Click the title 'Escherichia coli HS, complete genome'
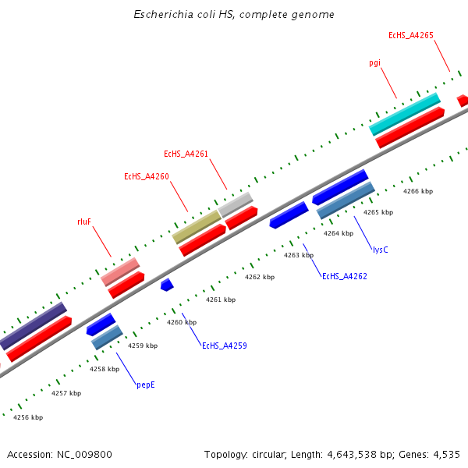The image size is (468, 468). click(x=234, y=15)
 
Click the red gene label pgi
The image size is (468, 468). click(x=375, y=62)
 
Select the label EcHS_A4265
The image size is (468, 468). click(x=411, y=35)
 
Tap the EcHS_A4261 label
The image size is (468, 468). click(x=186, y=154)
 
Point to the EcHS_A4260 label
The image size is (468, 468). click(x=146, y=176)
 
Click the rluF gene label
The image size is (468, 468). click(x=84, y=222)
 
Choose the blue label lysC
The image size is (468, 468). click(x=380, y=250)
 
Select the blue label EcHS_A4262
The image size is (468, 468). click(x=344, y=276)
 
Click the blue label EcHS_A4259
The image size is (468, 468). click(x=224, y=346)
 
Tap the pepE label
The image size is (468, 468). click(x=146, y=385)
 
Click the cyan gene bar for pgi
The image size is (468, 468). click(x=404, y=114)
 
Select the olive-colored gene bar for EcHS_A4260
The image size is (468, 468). click(x=196, y=226)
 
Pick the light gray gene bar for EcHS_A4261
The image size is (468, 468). click(x=236, y=204)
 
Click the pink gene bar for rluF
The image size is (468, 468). click(x=119, y=271)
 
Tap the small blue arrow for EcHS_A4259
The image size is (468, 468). click(x=166, y=285)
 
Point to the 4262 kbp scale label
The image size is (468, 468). click(x=260, y=277)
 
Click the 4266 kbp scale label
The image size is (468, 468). click(x=417, y=191)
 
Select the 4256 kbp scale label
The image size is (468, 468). click(x=28, y=417)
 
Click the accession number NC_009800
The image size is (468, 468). click(x=85, y=454)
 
